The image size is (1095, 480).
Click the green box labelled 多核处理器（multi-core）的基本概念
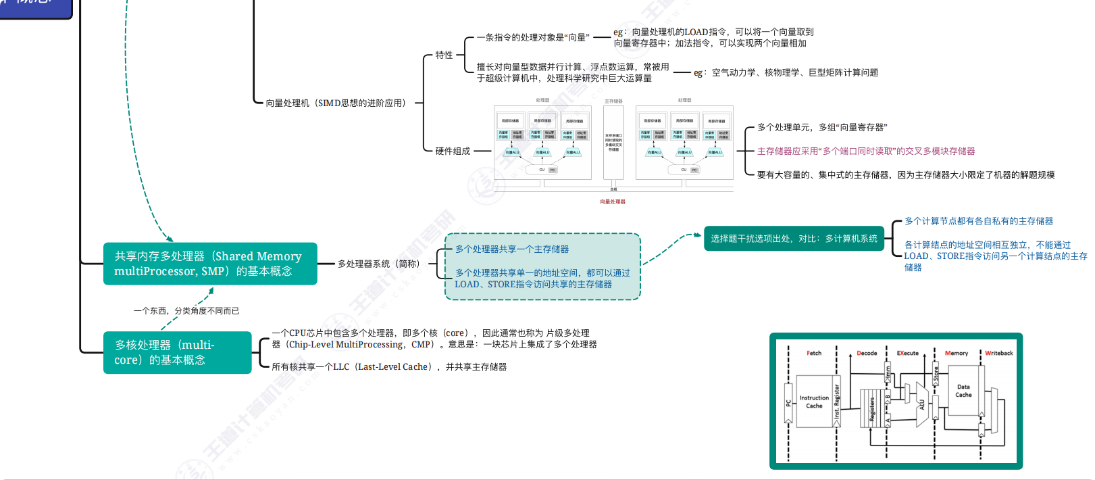(x=177, y=352)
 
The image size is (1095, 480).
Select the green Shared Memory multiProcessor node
(x=209, y=264)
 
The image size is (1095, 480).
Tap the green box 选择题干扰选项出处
(x=794, y=239)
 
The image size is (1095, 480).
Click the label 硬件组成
(x=453, y=151)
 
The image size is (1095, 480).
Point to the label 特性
(x=444, y=55)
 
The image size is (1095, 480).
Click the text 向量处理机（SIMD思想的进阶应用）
(x=336, y=103)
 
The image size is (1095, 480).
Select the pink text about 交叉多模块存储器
(x=865, y=151)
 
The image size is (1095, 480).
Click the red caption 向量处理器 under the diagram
(x=613, y=201)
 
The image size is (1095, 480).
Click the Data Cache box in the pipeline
(x=963, y=391)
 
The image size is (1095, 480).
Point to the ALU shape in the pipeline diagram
(x=921, y=405)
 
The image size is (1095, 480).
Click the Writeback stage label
(x=998, y=353)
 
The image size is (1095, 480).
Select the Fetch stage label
(x=814, y=353)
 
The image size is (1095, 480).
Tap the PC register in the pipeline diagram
(x=788, y=403)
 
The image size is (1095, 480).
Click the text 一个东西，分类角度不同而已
(x=186, y=311)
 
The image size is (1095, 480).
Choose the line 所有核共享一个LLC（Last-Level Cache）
(x=389, y=367)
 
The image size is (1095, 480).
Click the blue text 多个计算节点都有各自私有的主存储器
(x=979, y=221)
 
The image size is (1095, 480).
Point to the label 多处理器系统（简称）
(x=378, y=264)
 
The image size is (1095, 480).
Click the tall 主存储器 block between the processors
(x=613, y=142)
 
